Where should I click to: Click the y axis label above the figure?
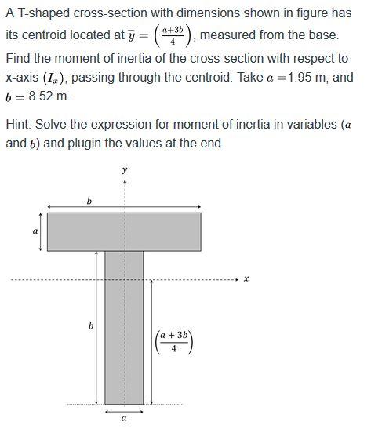124,169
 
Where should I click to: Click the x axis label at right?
246,279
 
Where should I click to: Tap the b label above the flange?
89,202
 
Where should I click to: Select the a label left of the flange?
34,232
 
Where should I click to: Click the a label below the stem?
124,420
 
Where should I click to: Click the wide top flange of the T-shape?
124,231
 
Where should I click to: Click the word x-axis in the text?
24,78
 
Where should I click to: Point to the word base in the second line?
323,37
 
